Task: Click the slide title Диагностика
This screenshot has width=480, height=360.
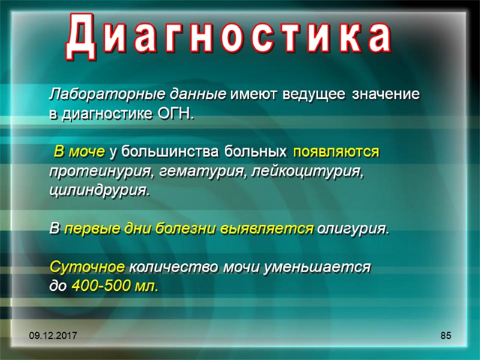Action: click(229, 37)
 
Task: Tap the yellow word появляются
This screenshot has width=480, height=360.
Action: click(337, 152)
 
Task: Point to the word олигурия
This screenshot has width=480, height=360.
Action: click(353, 229)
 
